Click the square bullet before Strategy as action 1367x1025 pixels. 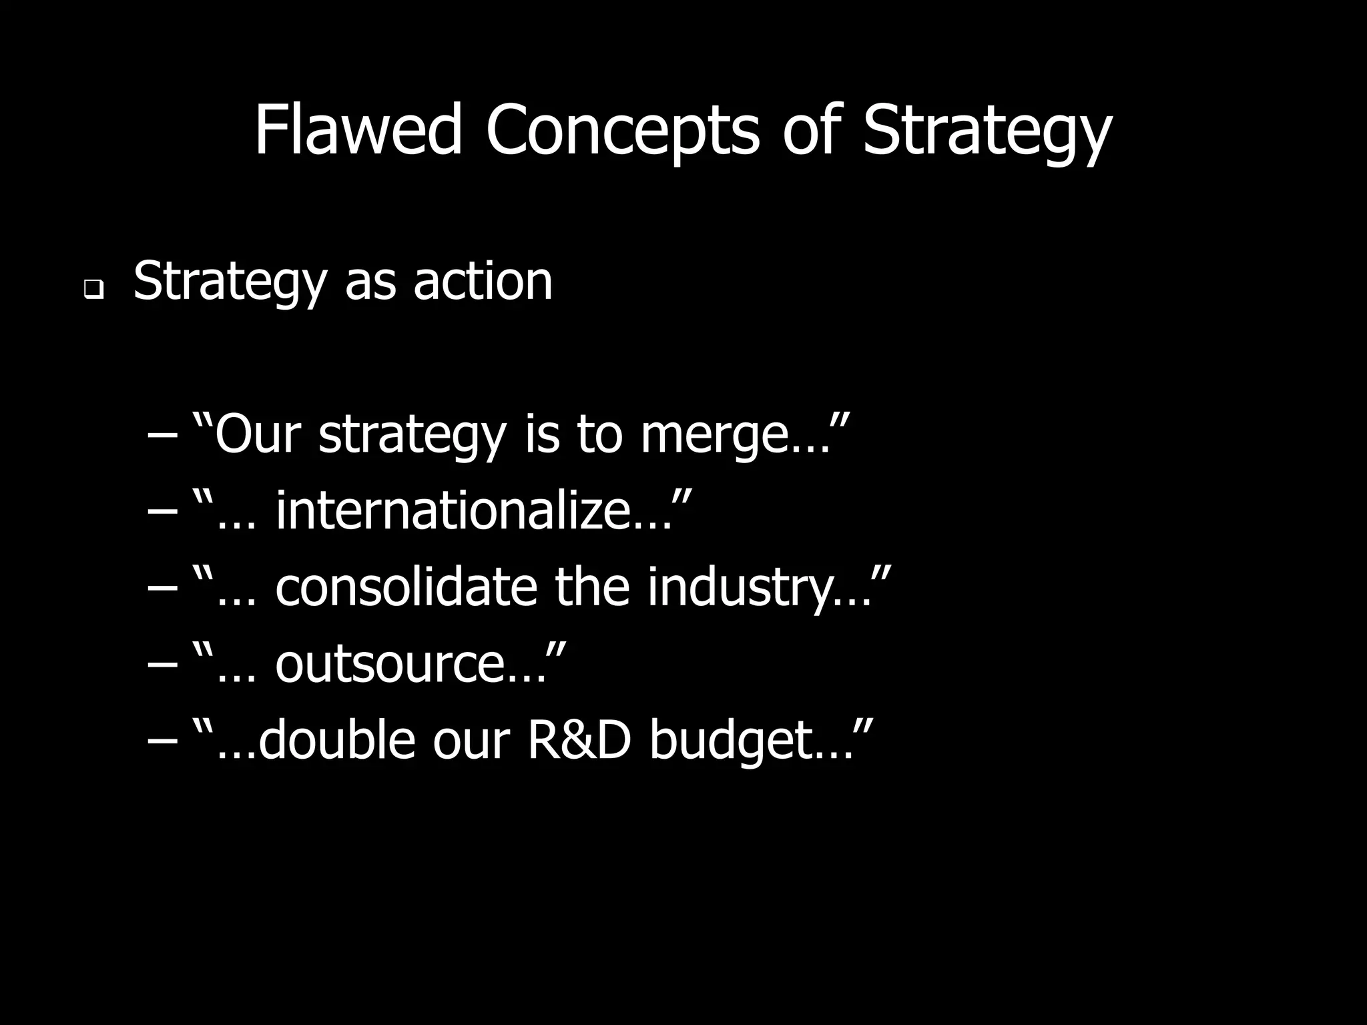(93, 290)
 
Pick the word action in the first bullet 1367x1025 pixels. (483, 281)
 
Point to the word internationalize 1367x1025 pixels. (453, 510)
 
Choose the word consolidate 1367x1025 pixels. (406, 587)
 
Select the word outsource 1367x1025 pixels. (390, 665)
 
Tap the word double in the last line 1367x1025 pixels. (336, 740)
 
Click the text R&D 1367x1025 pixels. (579, 740)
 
